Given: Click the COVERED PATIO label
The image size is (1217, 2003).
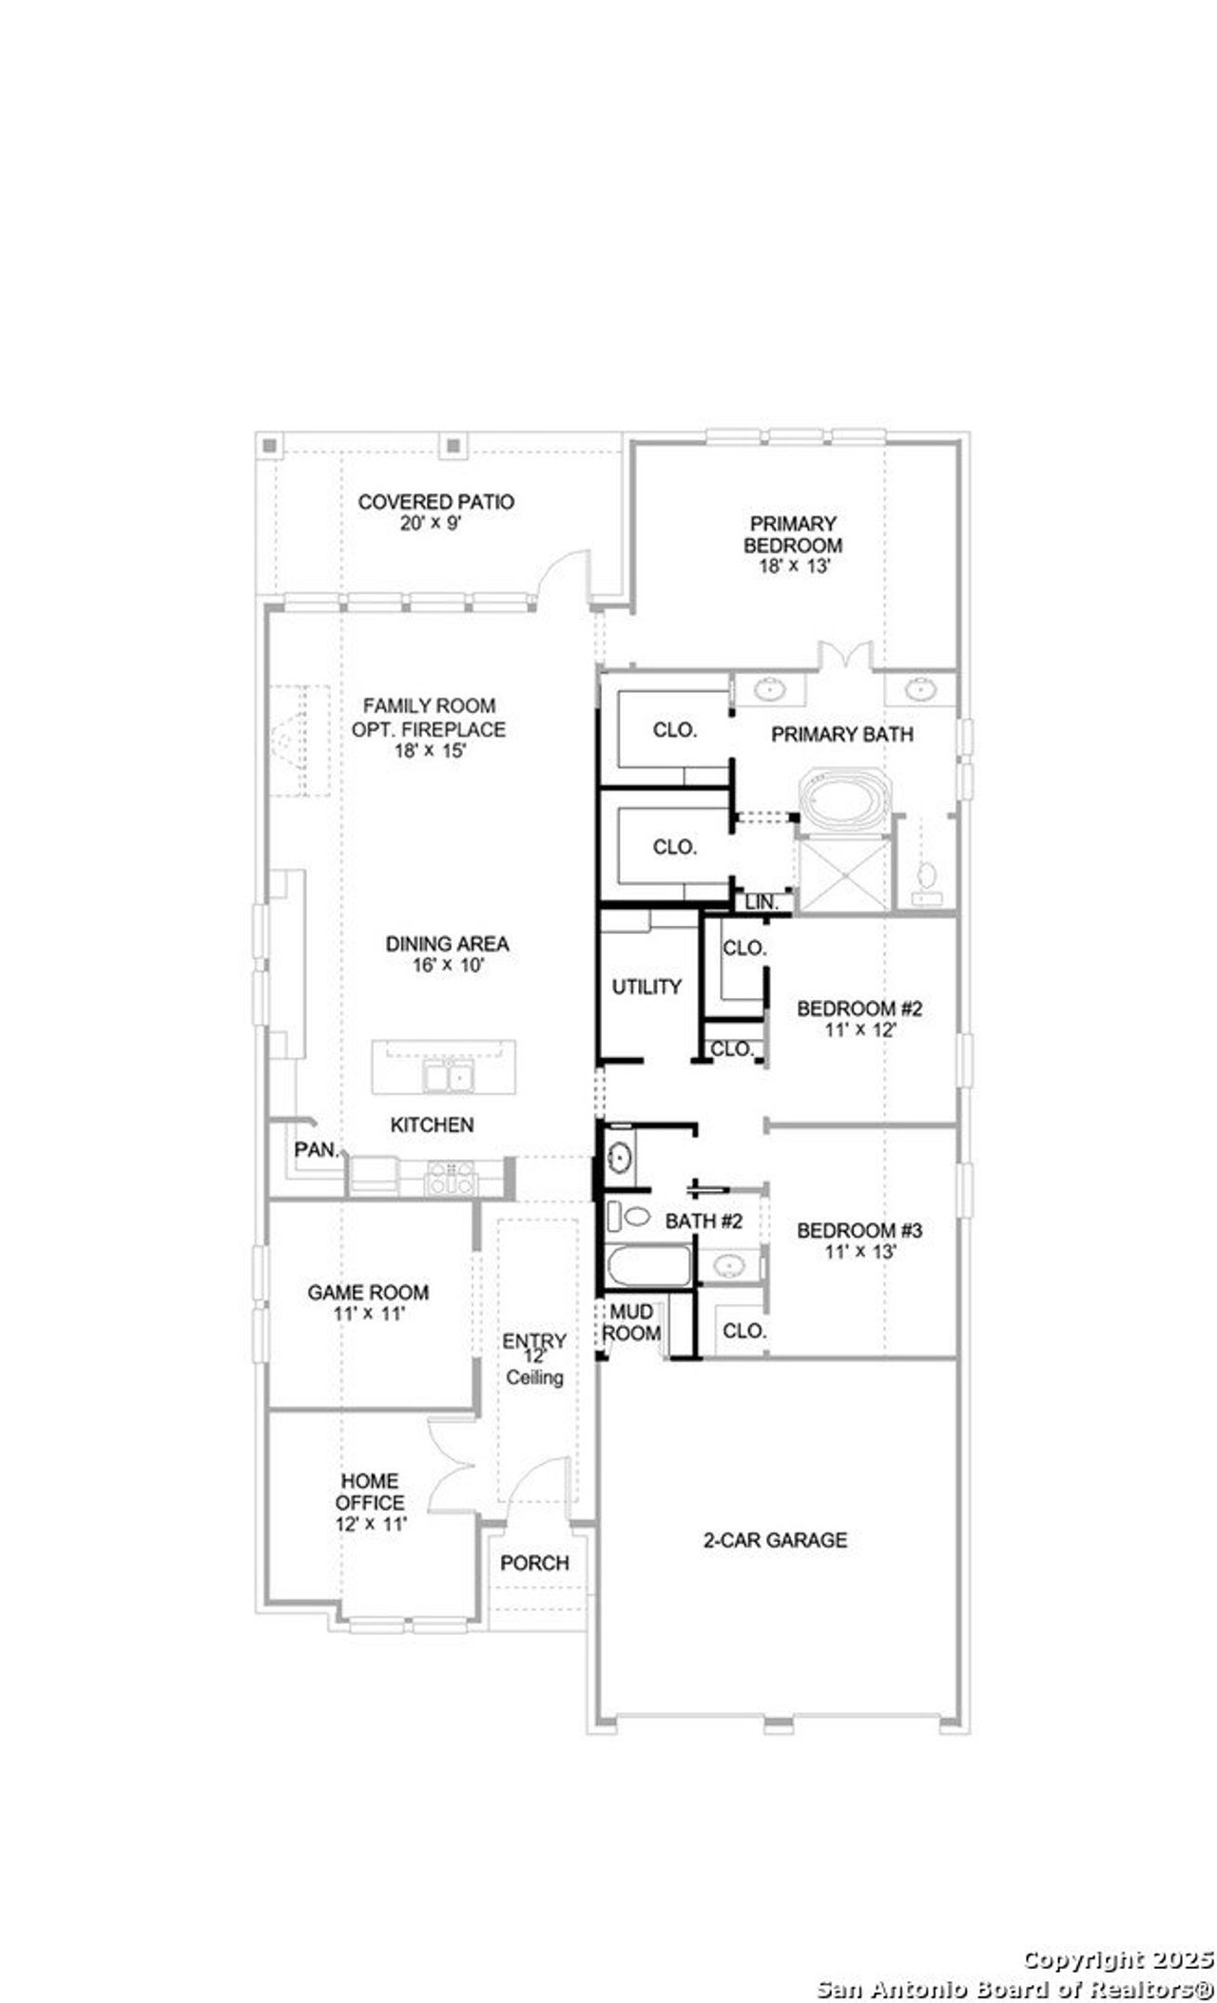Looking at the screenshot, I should [435, 501].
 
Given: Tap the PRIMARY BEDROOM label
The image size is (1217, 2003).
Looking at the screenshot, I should [792, 534].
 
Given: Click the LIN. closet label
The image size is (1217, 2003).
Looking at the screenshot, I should [761, 902].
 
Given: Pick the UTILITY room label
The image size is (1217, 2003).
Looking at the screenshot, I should [647, 987].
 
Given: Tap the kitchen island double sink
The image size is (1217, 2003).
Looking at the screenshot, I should [449, 1076].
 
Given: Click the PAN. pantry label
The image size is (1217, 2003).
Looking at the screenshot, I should [317, 1149].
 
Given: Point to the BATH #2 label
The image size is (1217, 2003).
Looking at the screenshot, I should [704, 1222].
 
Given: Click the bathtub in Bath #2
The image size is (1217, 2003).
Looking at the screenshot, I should [647, 1266].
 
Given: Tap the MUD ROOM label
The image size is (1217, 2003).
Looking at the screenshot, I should [631, 1323].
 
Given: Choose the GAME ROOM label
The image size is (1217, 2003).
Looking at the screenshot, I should [367, 1292].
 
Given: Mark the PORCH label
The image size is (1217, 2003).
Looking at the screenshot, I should [534, 1563].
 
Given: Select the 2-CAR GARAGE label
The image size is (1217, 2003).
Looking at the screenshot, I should [775, 1539].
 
